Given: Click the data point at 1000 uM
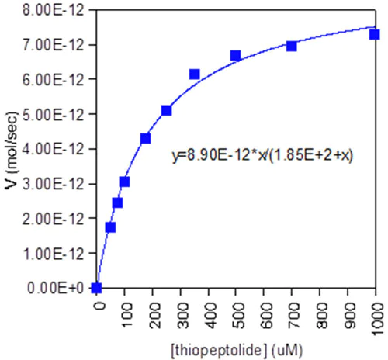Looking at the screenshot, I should click(374, 34).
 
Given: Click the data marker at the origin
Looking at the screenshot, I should click(96, 288).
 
